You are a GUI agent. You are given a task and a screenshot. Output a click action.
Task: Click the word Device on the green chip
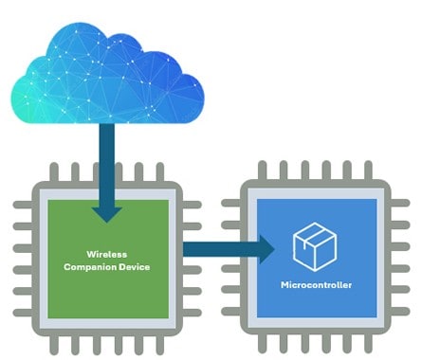(x=134, y=267)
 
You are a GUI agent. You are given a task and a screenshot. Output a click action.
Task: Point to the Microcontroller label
(x=317, y=285)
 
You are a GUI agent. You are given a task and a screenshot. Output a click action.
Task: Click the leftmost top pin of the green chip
(x=53, y=173)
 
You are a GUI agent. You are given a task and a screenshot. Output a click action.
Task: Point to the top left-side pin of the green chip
(x=20, y=206)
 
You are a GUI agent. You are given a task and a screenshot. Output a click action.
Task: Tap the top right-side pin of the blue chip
(x=408, y=206)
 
